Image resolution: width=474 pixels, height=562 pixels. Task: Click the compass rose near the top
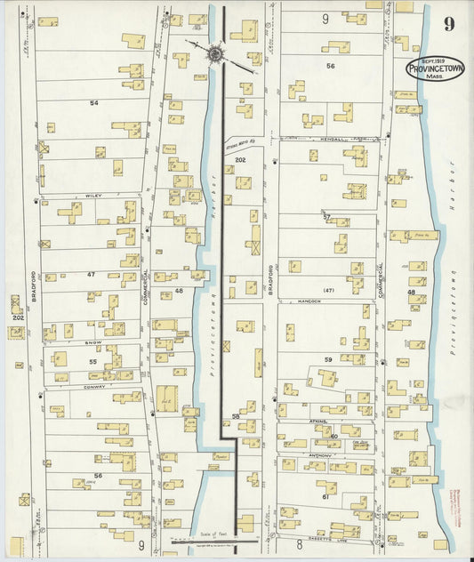tap(214, 55)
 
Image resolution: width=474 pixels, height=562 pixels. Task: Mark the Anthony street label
tap(317, 454)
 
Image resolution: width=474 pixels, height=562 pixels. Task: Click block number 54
tap(93, 103)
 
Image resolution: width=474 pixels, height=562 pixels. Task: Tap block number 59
tap(327, 359)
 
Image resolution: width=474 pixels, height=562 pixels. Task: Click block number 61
tap(326, 496)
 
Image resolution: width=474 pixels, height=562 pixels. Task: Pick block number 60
tap(333, 436)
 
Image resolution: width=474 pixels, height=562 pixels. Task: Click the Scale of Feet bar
tap(216, 539)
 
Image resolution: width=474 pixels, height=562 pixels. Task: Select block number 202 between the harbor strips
tap(240, 159)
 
